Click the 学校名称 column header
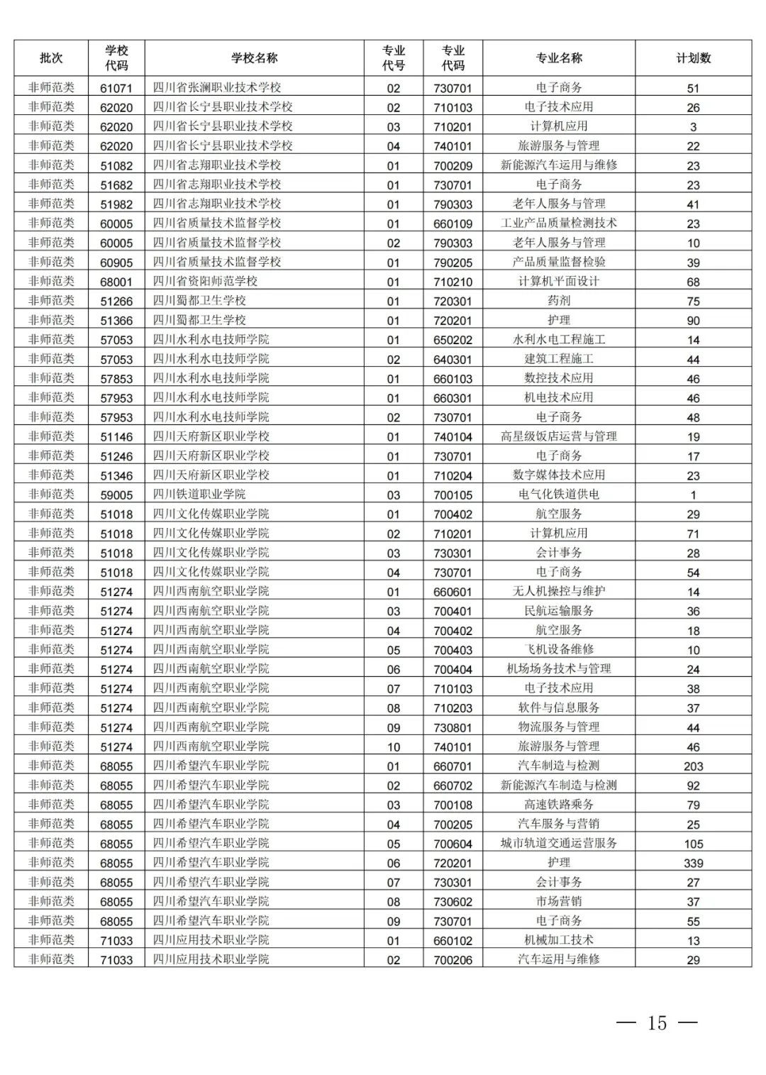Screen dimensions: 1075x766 (x=254, y=58)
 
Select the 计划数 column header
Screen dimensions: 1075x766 (x=693, y=58)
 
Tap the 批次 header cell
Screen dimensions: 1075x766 (x=51, y=58)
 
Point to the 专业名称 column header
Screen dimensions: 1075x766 (x=559, y=58)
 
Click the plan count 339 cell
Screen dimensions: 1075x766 (x=693, y=863)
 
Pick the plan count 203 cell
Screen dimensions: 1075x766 (x=693, y=766)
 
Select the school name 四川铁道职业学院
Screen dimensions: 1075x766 (x=199, y=495)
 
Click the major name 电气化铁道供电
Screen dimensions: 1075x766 (x=559, y=495)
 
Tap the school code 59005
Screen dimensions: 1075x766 (x=116, y=495)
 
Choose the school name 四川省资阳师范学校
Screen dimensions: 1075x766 (x=205, y=281)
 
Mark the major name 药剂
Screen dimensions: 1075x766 (x=559, y=301)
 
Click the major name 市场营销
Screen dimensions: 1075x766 (x=559, y=901)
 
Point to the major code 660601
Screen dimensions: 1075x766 (x=453, y=592)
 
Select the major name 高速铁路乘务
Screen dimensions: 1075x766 (x=559, y=805)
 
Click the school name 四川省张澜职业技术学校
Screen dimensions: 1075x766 (x=217, y=87)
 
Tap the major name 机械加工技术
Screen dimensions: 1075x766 (x=559, y=940)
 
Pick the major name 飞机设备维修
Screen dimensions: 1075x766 (x=559, y=649)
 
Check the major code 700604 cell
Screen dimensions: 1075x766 (x=453, y=844)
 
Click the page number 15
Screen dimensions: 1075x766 (x=657, y=1022)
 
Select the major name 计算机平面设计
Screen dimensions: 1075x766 (x=559, y=281)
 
